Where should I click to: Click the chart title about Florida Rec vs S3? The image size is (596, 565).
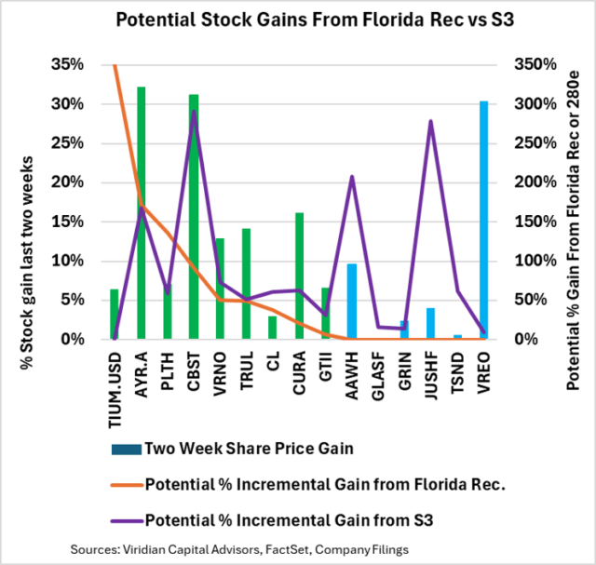(297, 19)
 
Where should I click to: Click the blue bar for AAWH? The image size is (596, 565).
(352, 302)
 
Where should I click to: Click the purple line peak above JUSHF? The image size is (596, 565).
(430, 121)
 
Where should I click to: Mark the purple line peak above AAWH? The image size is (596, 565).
(352, 176)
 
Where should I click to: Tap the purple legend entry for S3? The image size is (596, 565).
(289, 518)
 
